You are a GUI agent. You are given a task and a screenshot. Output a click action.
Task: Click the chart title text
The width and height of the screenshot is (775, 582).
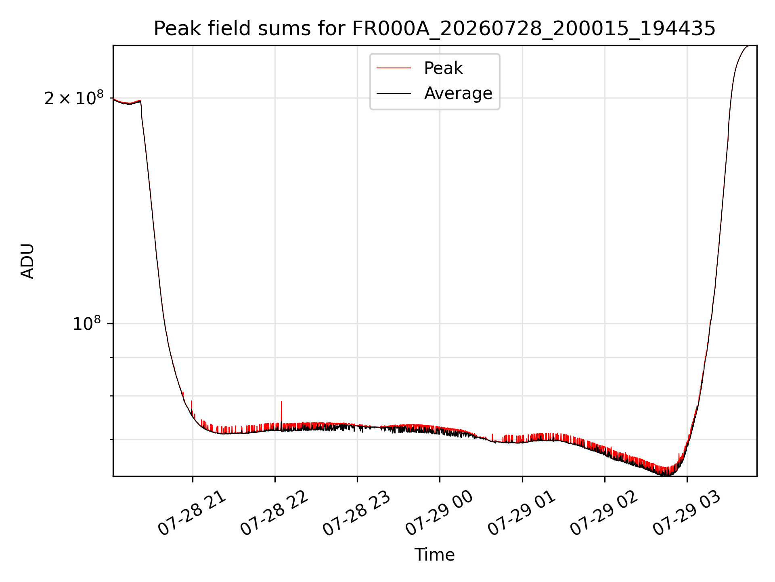435,29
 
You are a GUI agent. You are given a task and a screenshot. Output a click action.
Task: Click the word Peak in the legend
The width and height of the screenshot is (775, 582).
443,68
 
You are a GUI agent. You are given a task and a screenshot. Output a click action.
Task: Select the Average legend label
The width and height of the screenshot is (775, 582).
458,93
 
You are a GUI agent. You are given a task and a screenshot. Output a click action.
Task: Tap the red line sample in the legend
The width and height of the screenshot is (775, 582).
394,68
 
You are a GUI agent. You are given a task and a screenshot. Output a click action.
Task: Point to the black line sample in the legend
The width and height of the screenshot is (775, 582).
394,93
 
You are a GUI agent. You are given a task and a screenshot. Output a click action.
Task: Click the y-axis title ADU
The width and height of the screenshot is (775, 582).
27,261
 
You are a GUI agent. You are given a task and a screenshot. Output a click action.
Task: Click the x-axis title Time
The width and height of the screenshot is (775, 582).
435,555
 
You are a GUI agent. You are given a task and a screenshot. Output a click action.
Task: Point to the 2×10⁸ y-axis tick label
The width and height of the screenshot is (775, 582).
74,98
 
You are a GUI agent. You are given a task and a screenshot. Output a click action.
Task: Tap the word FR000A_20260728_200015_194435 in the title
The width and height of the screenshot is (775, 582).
534,29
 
